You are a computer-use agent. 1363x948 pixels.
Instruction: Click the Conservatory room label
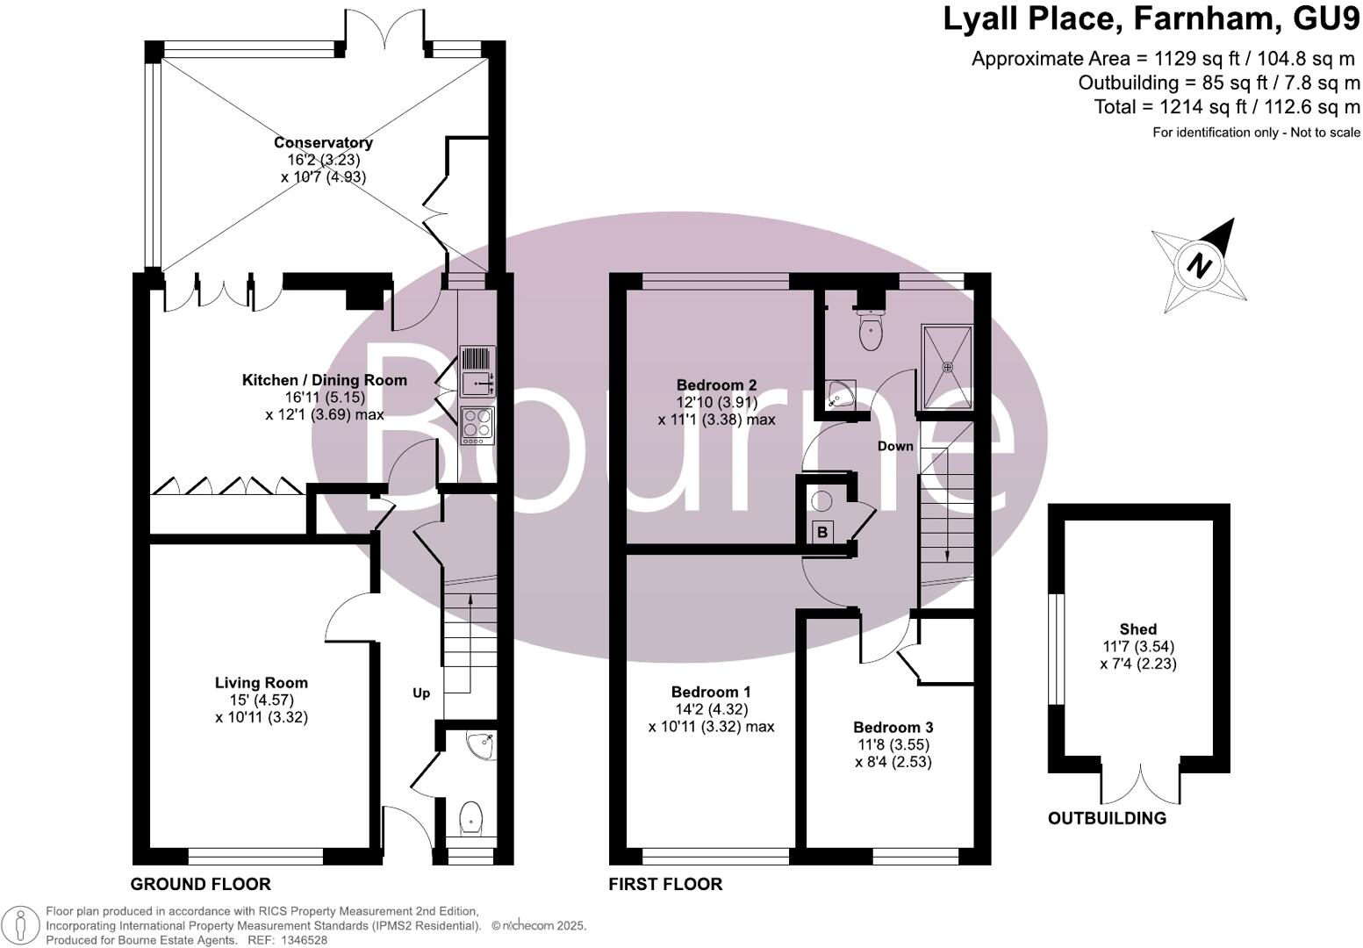323,142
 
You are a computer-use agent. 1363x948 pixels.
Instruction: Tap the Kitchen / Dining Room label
324,380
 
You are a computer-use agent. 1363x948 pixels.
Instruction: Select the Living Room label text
262,682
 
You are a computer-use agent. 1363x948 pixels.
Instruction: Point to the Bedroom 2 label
716,384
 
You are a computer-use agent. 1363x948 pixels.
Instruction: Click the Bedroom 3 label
893,727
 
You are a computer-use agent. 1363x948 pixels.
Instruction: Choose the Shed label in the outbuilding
1137,628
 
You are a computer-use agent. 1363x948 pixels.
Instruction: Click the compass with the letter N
1199,265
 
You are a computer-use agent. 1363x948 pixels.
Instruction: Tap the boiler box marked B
822,532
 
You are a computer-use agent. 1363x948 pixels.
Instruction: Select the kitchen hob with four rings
477,425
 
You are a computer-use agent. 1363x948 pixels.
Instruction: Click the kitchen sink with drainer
477,370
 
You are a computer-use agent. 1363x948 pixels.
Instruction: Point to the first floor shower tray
947,367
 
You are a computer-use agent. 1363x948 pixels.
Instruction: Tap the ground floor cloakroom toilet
471,817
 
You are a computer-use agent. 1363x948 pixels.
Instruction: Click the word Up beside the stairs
421,693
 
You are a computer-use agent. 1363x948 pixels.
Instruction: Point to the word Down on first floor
895,446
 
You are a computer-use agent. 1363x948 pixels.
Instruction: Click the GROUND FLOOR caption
200,884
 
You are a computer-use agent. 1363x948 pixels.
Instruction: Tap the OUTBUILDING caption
1107,818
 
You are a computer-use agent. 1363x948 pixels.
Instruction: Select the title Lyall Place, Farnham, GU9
1151,19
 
